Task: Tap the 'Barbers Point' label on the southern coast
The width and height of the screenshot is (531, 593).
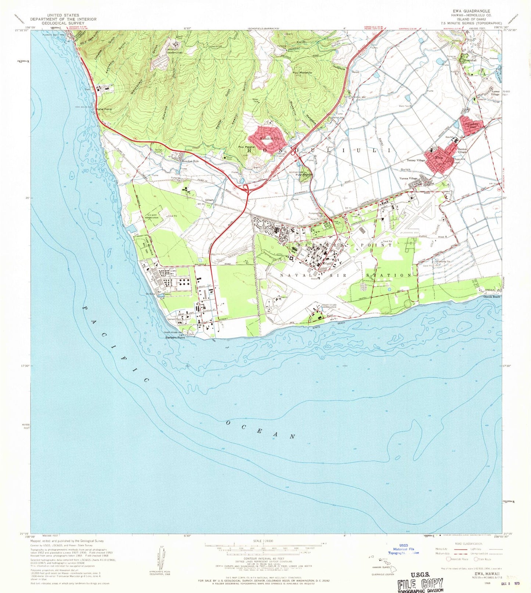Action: coord(175,337)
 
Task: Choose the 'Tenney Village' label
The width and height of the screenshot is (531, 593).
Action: coord(416,160)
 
